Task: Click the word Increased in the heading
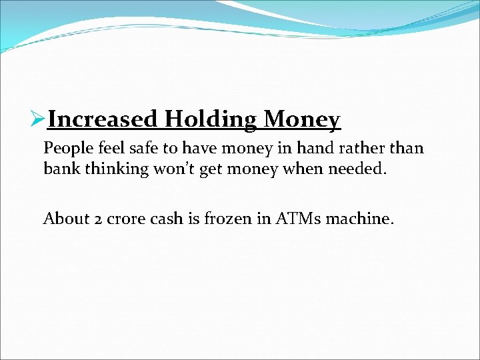click(x=103, y=120)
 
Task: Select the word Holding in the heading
click(x=211, y=120)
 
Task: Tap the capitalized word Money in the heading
click(x=302, y=120)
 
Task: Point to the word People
click(x=68, y=148)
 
